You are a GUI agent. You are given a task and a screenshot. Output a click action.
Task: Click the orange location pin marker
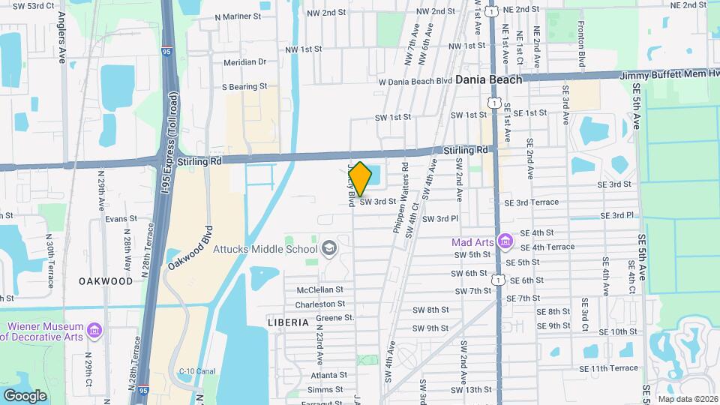click(x=361, y=178)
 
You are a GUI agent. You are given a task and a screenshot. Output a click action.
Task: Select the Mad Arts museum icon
click(x=506, y=241)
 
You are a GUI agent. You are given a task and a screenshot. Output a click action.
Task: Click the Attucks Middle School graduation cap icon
click(x=328, y=248)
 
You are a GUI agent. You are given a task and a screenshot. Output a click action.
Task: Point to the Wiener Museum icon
click(x=94, y=330)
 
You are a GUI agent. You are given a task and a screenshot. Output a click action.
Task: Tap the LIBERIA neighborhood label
click(x=288, y=322)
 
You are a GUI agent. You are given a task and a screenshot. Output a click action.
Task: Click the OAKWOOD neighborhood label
click(x=106, y=281)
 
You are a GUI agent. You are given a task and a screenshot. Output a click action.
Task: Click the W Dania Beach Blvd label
click(x=415, y=81)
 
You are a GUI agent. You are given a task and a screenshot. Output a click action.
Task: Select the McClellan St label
click(x=319, y=289)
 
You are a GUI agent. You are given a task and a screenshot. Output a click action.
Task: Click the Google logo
click(x=25, y=395)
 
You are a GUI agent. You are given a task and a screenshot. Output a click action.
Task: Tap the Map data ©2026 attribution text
click(x=687, y=398)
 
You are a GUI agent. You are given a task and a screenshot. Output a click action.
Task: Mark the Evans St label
click(x=121, y=219)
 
